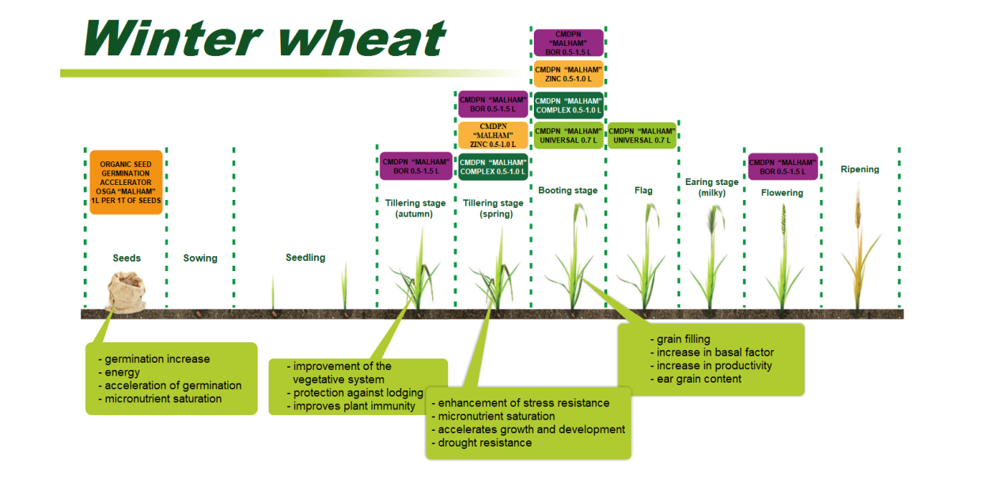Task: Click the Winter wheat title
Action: [265, 38]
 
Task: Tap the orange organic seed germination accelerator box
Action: [126, 182]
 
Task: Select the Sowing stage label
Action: [200, 258]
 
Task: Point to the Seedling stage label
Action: [305, 258]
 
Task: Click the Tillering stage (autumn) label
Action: [415, 208]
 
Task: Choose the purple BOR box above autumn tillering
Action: [416, 166]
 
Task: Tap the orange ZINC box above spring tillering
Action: [493, 135]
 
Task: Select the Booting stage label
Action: [567, 190]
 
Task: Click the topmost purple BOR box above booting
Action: [568, 43]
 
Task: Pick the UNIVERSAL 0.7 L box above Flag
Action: [642, 135]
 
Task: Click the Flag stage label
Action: [643, 190]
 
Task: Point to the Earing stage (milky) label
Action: [711, 187]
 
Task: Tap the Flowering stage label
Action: [782, 193]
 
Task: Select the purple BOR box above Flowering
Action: [782, 166]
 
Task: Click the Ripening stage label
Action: [859, 169]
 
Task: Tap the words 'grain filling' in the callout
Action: [684, 339]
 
